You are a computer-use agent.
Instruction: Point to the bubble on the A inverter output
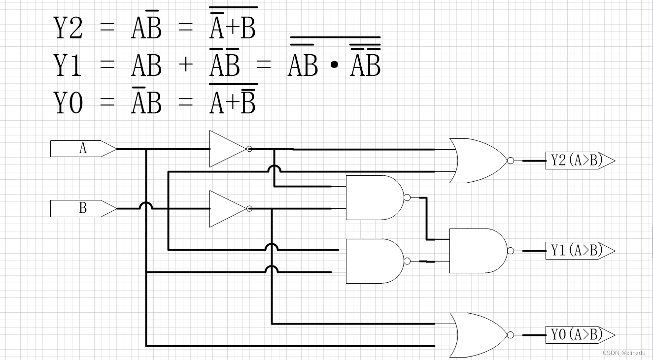pos(249,149)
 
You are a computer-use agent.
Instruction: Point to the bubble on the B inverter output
pos(249,209)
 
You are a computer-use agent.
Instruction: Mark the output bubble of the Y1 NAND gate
pos(511,251)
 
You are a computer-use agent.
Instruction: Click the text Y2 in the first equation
pos(68,28)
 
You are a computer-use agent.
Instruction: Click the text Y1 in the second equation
pos(68,65)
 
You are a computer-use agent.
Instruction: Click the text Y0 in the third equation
pos(68,103)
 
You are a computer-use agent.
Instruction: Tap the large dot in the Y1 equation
pos(334,66)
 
